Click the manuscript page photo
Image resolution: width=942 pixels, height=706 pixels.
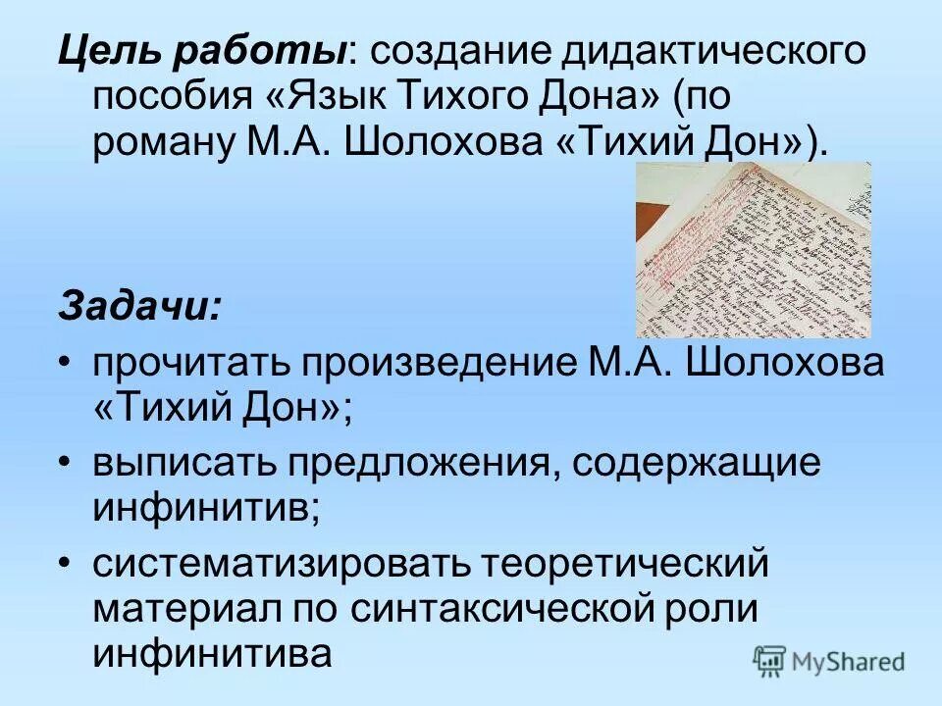[x=753, y=249]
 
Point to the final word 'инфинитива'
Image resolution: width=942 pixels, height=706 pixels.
[x=213, y=653]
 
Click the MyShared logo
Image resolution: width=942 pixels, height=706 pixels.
[x=829, y=661]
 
